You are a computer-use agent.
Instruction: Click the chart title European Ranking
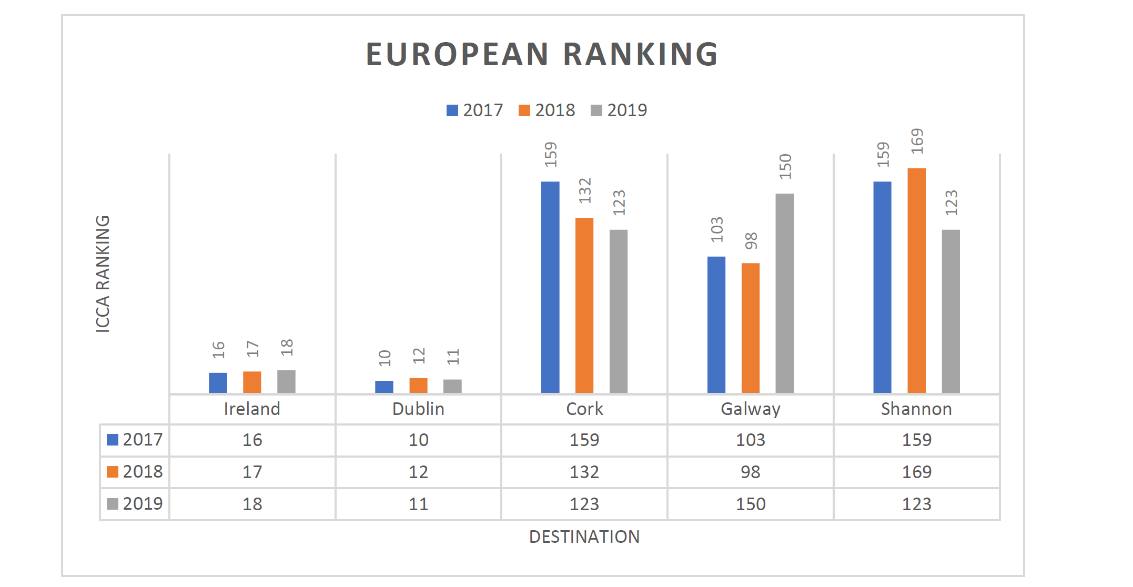pyautogui.click(x=542, y=54)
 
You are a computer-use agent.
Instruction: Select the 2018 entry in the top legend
pyautogui.click(x=547, y=110)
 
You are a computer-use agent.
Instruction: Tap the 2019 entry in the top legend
pyautogui.click(x=619, y=110)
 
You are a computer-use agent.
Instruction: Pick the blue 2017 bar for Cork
pyautogui.click(x=550, y=287)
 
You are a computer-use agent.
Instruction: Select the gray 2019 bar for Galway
pyautogui.click(x=784, y=293)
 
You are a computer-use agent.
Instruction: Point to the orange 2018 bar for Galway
pyautogui.click(x=750, y=328)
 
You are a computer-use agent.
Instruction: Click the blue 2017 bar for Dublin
pyautogui.click(x=384, y=387)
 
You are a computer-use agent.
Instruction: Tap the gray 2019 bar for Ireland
pyautogui.click(x=286, y=381)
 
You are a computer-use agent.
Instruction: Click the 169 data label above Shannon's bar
pyautogui.click(x=917, y=141)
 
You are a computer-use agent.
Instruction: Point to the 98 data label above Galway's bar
pyautogui.click(x=751, y=241)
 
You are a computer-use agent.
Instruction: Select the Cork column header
pyautogui.click(x=584, y=409)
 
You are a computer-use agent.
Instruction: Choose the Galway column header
pyautogui.click(x=751, y=409)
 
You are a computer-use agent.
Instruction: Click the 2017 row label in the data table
pyautogui.click(x=135, y=440)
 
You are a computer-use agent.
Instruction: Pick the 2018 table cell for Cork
pyautogui.click(x=584, y=472)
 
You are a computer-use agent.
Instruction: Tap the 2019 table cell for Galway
pyautogui.click(x=751, y=504)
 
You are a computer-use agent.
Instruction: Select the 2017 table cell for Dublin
pyautogui.click(x=418, y=440)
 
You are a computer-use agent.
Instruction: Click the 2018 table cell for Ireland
pyautogui.click(x=252, y=472)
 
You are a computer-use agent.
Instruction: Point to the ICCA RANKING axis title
pyautogui.click(x=103, y=274)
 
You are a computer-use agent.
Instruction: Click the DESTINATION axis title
pyautogui.click(x=584, y=537)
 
